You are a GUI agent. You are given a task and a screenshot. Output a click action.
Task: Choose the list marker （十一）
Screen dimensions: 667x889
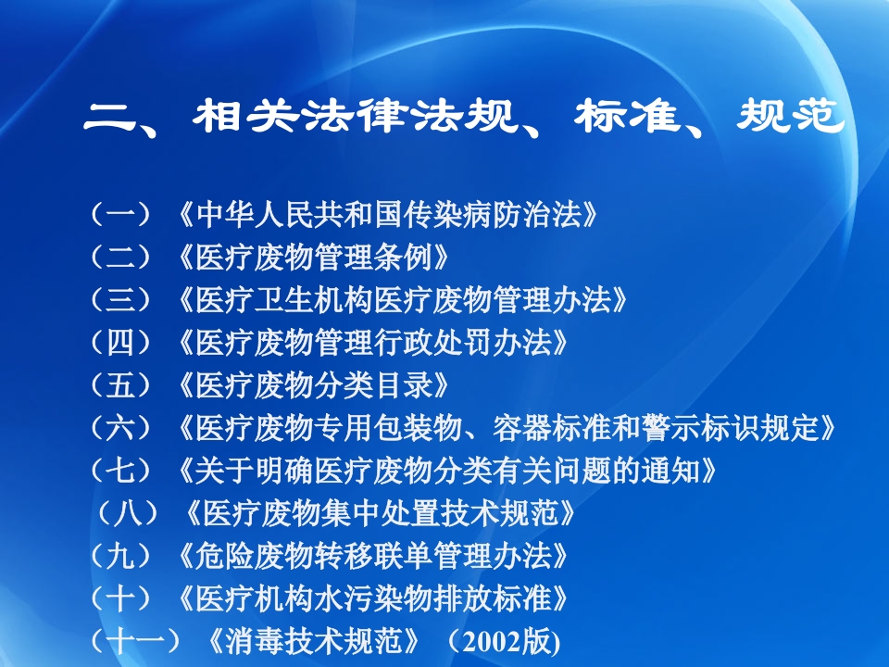(135, 641)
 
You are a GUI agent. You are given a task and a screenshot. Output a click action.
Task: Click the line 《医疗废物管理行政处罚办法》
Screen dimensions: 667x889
(370, 343)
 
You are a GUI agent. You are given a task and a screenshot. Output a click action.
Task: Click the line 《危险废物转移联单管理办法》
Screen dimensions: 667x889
(370, 556)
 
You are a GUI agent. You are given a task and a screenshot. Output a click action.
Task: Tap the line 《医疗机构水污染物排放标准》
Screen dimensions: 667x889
(370, 598)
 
